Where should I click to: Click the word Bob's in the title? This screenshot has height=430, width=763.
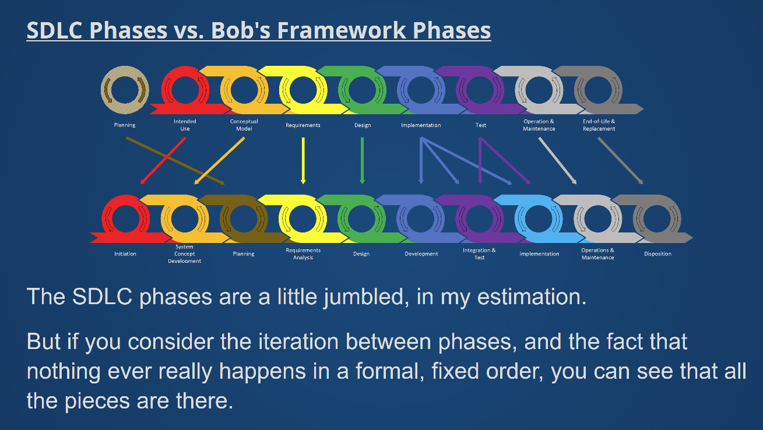click(241, 30)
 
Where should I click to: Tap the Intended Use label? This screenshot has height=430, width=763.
click(185, 125)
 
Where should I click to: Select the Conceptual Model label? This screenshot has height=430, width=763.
click(244, 125)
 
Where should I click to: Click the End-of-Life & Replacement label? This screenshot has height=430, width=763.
click(599, 125)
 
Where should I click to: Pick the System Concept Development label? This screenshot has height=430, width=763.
click(184, 254)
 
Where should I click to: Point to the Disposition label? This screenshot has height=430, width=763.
click(657, 253)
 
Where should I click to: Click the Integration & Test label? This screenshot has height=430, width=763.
click(479, 253)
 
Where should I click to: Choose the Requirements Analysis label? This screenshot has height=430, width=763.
click(303, 253)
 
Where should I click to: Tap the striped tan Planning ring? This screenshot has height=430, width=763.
click(125, 72)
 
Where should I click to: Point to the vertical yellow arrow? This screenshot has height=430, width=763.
click(303, 161)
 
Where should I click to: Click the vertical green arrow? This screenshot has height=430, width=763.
click(362, 161)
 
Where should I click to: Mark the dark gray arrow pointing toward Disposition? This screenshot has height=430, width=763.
click(620, 161)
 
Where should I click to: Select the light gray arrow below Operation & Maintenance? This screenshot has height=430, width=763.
click(557, 161)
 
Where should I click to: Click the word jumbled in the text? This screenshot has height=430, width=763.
click(366, 297)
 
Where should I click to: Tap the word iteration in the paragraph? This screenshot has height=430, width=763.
click(298, 341)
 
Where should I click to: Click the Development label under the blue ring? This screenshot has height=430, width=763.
click(421, 254)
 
